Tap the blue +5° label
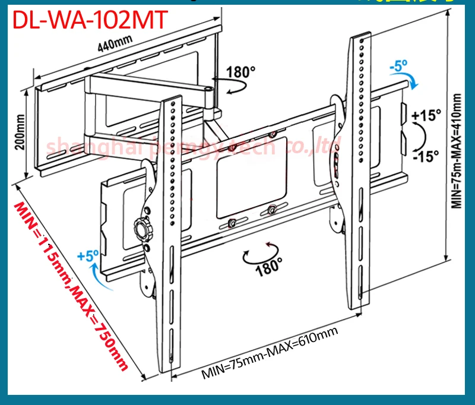[x=87, y=257]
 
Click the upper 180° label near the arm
[x=240, y=73]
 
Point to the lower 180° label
[x=268, y=268]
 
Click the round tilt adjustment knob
[x=142, y=226]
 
